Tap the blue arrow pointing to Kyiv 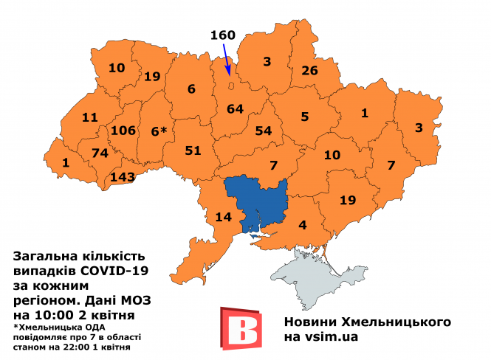pos(224,59)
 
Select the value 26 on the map pos(309,71)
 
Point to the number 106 pos(123,131)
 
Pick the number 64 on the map pos(235,110)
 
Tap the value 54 pos(264,131)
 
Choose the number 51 pos(193,150)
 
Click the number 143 pos(123,178)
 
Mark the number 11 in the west pos(90,117)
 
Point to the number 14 pos(223,216)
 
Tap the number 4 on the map pos(303,225)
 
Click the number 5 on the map pos(304,116)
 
